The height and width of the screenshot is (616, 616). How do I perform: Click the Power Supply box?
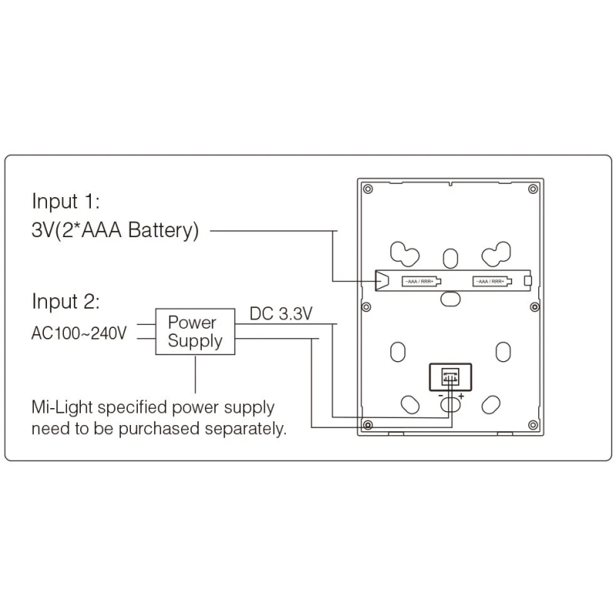pyautogui.click(x=195, y=332)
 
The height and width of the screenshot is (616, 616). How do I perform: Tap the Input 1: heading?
pyautogui.click(x=66, y=202)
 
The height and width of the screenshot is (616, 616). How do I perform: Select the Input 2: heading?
pyautogui.click(x=66, y=300)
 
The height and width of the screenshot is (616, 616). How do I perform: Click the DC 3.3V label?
pyautogui.click(x=281, y=313)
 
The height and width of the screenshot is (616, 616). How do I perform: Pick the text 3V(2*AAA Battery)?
pyautogui.click(x=115, y=230)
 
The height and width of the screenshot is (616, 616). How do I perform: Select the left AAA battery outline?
pyautogui.click(x=420, y=282)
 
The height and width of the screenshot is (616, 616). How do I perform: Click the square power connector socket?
pyautogui.click(x=448, y=376)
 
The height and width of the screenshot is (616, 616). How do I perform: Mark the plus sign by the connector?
pyautogui.click(x=460, y=397)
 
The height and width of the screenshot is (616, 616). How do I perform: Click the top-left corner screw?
pyautogui.click(x=369, y=189)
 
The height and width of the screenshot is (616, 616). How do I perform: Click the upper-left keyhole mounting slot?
pyautogui.click(x=403, y=253)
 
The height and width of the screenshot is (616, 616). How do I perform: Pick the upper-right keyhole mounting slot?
pyautogui.click(x=495, y=253)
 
